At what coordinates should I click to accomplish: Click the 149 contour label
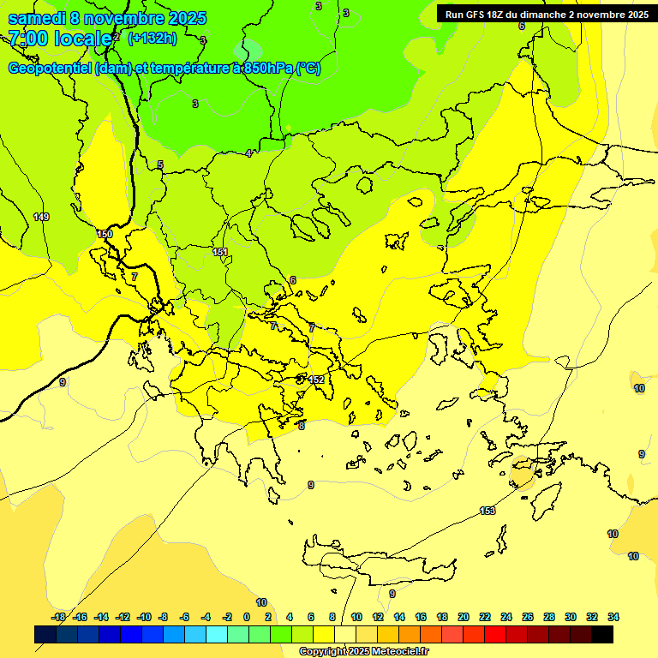click(x=41, y=217)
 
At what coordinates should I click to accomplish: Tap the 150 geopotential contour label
click(x=105, y=234)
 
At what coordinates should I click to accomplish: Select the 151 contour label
click(x=220, y=252)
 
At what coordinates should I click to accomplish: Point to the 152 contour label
click(x=316, y=380)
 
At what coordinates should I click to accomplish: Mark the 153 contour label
click(x=488, y=511)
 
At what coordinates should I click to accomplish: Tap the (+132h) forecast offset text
click(x=152, y=38)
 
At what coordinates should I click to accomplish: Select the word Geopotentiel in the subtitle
click(x=51, y=69)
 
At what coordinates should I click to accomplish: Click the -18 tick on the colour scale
click(x=58, y=617)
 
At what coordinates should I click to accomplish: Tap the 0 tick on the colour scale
click(x=247, y=617)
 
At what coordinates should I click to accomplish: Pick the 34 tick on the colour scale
click(x=613, y=617)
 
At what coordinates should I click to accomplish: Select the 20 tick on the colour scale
click(x=464, y=617)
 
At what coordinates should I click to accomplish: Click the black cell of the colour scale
click(x=602, y=634)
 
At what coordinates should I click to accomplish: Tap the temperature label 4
click(x=249, y=153)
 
